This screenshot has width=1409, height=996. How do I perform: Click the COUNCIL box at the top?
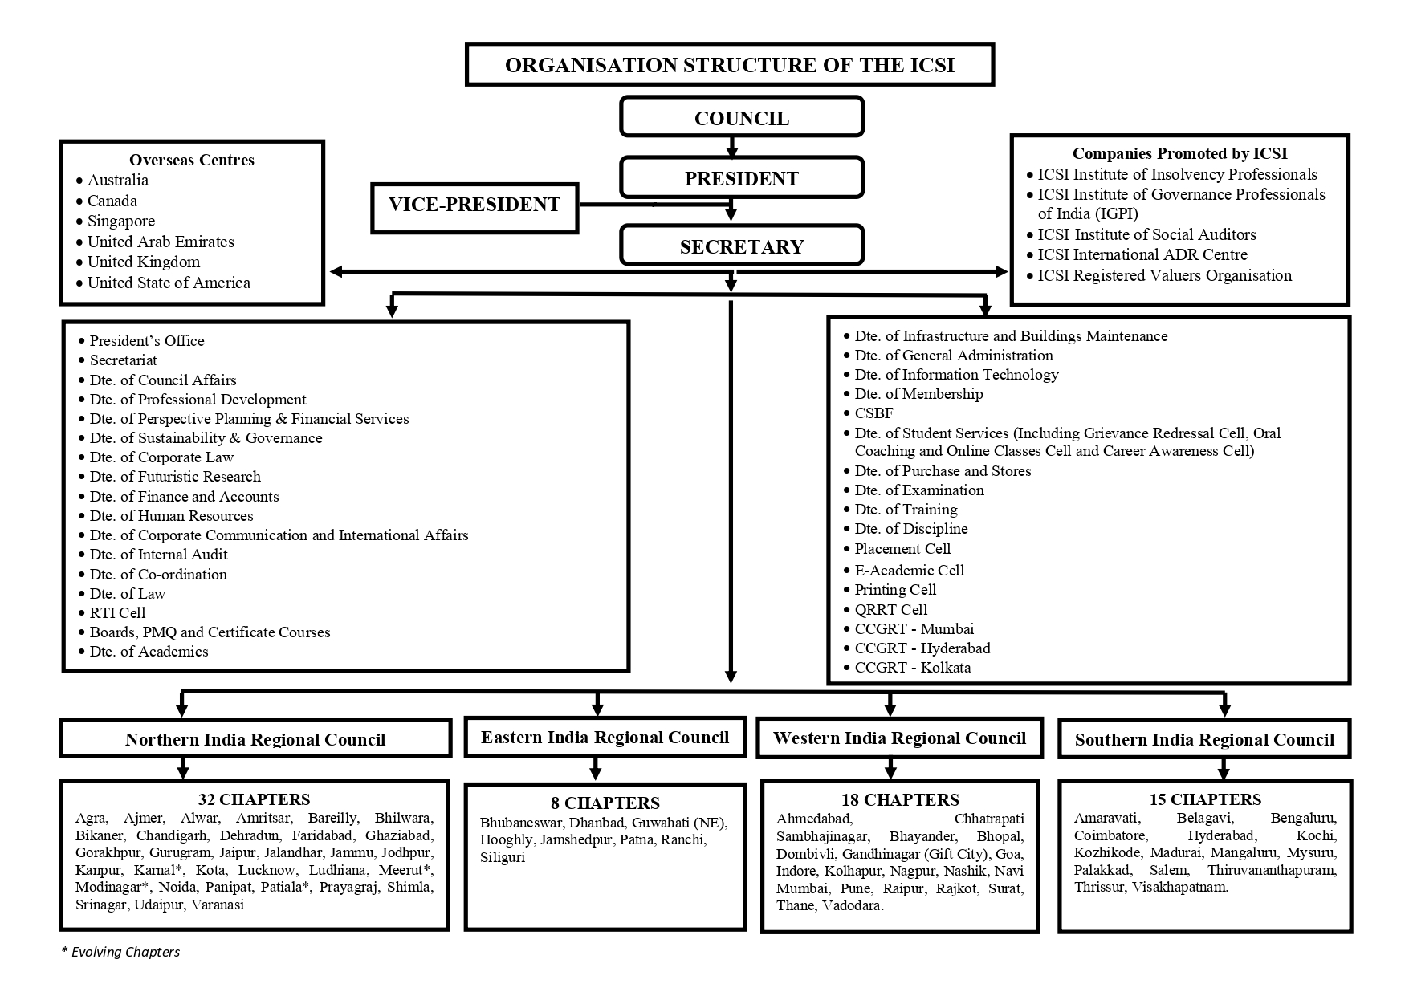741,118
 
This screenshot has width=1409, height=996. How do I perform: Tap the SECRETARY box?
741,246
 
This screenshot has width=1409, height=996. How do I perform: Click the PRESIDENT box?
741,178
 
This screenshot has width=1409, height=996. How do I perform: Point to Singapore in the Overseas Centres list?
120,221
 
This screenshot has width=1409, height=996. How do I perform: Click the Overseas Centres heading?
192,160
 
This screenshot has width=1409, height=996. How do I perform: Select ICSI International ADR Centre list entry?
1142,254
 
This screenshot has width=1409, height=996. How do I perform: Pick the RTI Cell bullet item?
117,612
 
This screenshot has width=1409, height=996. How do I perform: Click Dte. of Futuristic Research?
175,477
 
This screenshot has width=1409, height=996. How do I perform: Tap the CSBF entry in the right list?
873,413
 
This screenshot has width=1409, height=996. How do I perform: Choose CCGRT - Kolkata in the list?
912,667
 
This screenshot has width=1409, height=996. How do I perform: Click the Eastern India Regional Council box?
605,737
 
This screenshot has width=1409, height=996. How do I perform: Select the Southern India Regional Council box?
1204,739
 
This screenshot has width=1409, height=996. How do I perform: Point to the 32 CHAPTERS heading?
254,799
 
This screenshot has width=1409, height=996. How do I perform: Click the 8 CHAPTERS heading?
605,803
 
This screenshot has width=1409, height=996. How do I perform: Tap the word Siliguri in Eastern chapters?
503,857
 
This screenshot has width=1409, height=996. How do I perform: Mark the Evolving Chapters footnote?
121,952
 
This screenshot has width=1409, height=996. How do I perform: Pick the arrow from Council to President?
731,146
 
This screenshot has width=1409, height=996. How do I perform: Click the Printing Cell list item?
895,590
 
